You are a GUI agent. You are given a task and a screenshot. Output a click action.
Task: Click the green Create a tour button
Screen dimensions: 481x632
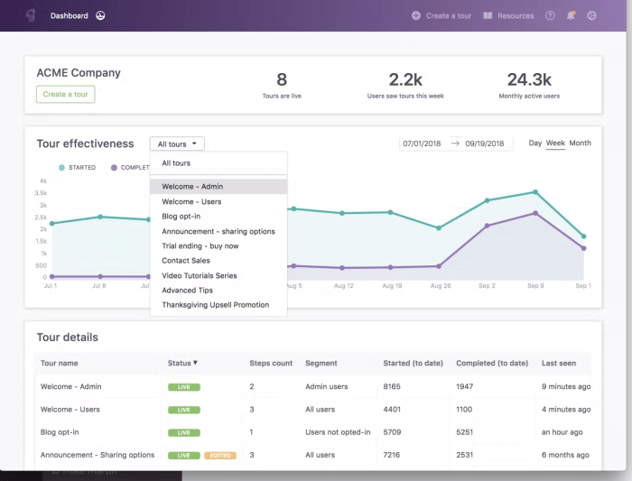[65, 94]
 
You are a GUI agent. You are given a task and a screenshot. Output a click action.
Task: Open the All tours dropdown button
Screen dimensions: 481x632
[177, 143]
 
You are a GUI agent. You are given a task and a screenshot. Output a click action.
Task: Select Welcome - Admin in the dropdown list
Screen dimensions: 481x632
[192, 187]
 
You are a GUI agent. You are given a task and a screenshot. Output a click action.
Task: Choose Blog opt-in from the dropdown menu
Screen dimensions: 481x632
[181, 217]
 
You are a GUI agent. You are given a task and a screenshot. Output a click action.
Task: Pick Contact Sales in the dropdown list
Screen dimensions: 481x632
[186, 261]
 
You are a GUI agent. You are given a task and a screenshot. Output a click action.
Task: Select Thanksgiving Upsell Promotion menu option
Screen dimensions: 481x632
[215, 305]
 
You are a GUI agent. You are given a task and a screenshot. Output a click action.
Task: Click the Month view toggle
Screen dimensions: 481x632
[580, 143]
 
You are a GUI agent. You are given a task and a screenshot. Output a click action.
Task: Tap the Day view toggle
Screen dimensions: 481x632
[535, 143]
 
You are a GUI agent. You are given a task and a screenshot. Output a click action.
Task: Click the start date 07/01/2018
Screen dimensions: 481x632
[421, 143]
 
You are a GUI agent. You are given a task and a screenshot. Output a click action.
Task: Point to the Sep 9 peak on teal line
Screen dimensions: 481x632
[535, 192]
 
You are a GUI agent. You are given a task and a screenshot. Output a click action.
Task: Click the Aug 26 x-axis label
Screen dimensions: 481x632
[440, 285]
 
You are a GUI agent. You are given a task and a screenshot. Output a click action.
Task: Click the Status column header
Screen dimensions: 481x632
[182, 363]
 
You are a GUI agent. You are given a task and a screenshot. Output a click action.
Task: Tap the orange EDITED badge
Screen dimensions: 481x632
[220, 456]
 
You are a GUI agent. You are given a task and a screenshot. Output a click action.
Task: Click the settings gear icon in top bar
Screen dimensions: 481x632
[592, 15]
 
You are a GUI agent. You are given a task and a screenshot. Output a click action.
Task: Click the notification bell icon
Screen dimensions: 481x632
[571, 15]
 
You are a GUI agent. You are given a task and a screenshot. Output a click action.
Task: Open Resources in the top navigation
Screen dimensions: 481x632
[509, 15]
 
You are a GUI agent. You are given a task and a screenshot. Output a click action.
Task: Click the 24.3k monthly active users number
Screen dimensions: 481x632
[528, 79]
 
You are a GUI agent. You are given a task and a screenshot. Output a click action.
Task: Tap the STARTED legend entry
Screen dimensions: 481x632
[77, 168]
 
